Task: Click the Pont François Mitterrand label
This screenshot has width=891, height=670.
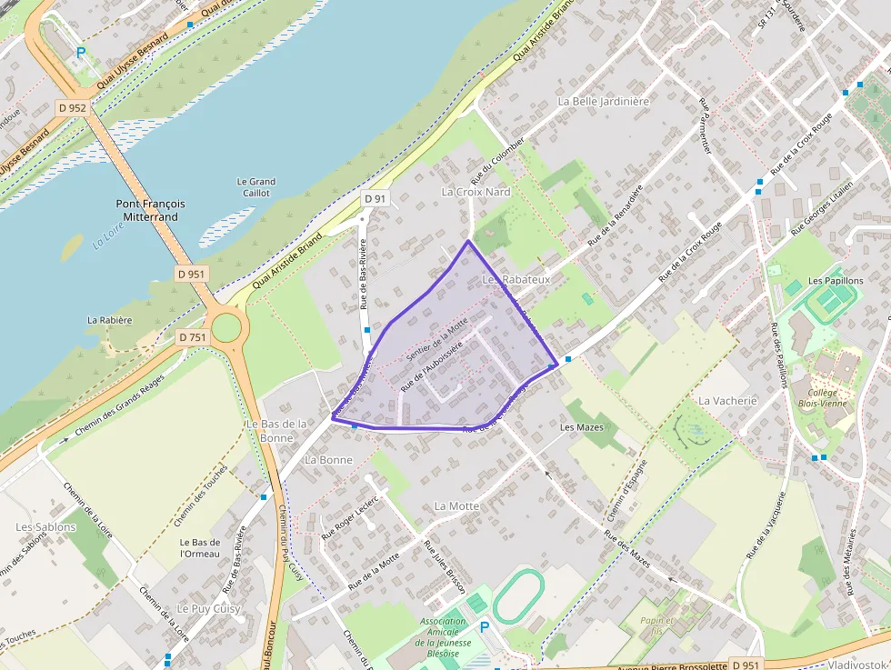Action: click(x=150, y=211)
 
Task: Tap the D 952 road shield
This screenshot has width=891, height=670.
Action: click(x=72, y=107)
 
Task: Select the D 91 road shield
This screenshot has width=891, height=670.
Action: click(x=375, y=198)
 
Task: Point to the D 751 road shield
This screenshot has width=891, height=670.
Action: click(x=192, y=337)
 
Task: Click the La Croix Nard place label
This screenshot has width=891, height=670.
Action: click(x=476, y=193)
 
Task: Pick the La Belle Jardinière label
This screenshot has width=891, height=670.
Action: click(x=604, y=102)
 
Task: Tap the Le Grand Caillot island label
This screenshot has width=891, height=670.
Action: click(x=255, y=187)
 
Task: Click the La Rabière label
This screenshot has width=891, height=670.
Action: click(x=110, y=320)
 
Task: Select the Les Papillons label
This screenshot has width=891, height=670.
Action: click(x=836, y=281)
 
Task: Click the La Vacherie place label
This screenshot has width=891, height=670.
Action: click(x=727, y=400)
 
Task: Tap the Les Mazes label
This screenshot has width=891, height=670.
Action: click(x=582, y=426)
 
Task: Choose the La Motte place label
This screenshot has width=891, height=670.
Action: click(x=456, y=505)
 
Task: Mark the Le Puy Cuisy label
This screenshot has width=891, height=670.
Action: click(x=207, y=608)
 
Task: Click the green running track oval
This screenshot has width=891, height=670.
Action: click(x=518, y=595)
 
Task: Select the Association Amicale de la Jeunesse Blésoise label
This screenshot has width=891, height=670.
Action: click(x=443, y=637)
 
